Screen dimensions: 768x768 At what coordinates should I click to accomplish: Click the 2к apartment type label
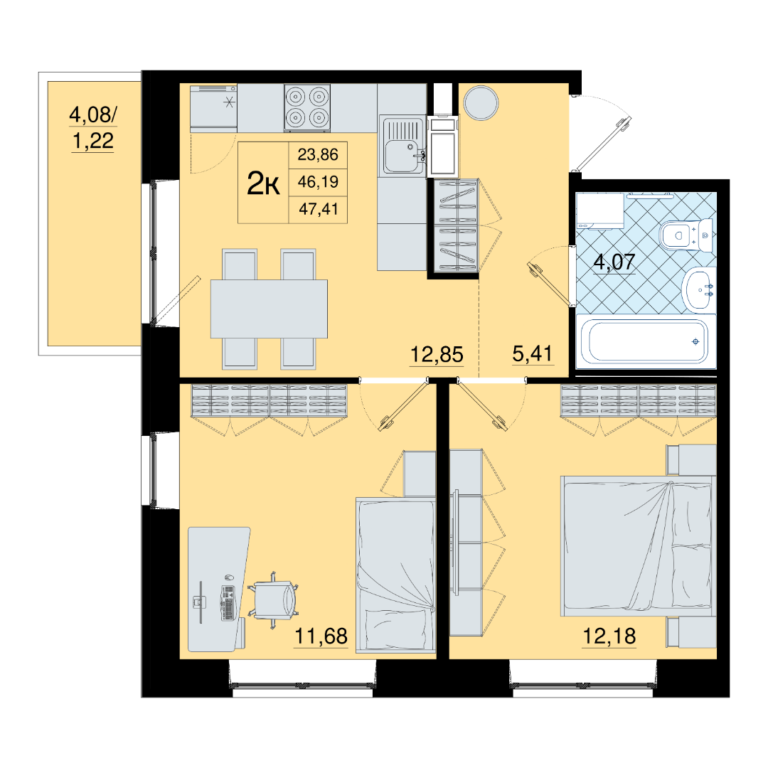click(263, 183)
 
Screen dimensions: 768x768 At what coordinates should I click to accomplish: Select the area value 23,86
click(318, 155)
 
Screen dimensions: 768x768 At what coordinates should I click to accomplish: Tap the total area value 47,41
click(319, 209)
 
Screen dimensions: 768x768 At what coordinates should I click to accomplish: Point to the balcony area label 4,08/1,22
click(93, 128)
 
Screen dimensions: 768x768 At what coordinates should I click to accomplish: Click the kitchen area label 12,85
click(437, 354)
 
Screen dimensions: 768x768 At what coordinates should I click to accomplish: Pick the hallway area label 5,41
click(533, 353)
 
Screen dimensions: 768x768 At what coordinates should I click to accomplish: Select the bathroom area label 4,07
click(614, 262)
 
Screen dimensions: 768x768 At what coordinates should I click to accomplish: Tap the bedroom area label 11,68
click(321, 636)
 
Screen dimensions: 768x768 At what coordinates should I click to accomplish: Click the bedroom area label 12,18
click(609, 636)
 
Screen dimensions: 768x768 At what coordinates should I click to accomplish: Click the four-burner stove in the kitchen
click(307, 108)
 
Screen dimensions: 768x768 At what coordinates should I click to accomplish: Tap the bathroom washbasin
click(698, 289)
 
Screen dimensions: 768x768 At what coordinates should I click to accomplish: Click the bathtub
click(646, 341)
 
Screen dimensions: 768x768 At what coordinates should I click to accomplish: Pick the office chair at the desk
click(273, 599)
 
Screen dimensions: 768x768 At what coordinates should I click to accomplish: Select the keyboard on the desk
click(228, 603)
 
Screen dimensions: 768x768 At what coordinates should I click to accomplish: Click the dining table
click(269, 309)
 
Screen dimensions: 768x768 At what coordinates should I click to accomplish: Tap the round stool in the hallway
click(481, 103)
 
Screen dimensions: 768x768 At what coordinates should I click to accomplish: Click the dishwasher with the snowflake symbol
click(213, 108)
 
